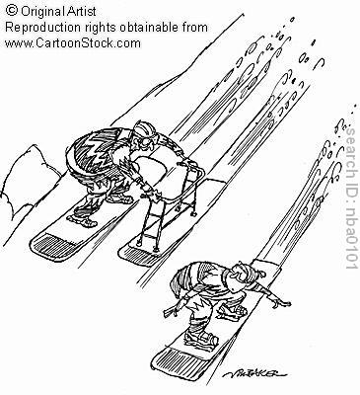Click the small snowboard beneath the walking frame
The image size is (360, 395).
[158, 242]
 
